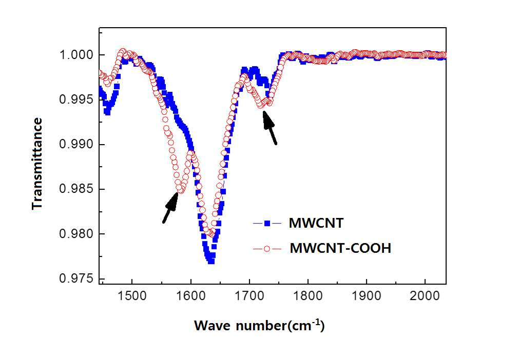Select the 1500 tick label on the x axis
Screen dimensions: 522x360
pyautogui.click(x=132, y=296)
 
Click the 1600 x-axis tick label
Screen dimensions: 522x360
pyautogui.click(x=191, y=296)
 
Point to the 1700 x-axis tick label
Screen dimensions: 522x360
pyautogui.click(x=249, y=296)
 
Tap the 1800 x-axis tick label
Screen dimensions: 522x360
pyautogui.click(x=308, y=296)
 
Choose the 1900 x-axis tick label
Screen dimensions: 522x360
pyautogui.click(x=366, y=296)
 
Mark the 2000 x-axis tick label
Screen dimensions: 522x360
pyautogui.click(x=425, y=296)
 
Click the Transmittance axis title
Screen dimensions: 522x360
pyautogui.click(x=37, y=164)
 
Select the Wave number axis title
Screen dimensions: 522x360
pyautogui.click(x=259, y=326)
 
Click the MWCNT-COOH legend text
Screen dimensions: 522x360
pyautogui.click(x=340, y=248)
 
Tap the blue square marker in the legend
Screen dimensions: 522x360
pyautogui.click(x=267, y=223)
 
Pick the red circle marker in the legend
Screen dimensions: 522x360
pyautogui.click(x=267, y=249)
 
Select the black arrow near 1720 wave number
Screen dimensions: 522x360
pyautogui.click(x=269, y=128)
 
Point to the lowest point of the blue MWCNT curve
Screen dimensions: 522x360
pyautogui.click(x=211, y=261)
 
